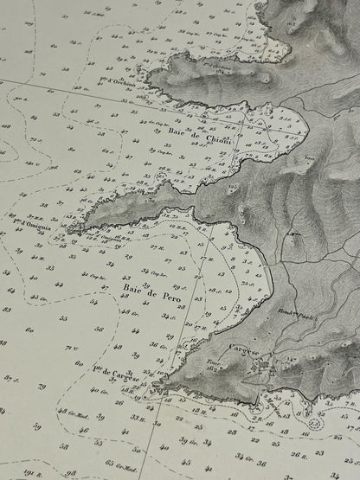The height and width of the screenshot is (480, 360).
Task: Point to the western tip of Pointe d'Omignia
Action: pos(67,230)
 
